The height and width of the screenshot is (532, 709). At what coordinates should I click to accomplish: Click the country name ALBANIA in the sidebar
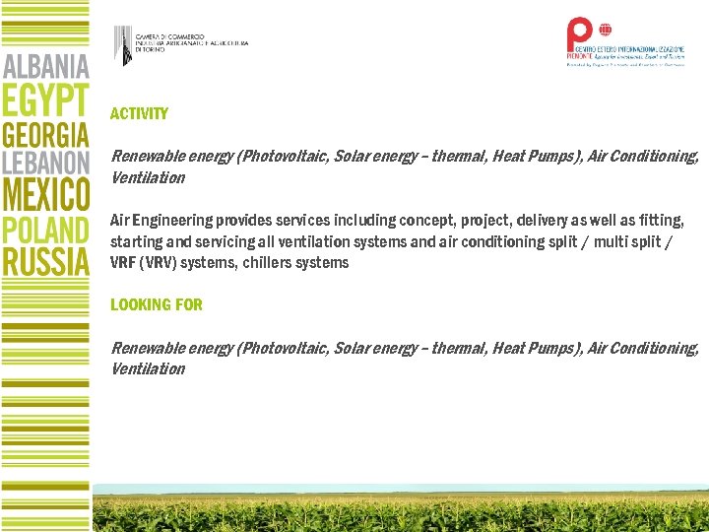pos(46,68)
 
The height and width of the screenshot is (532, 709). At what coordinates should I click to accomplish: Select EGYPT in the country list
pos(46,101)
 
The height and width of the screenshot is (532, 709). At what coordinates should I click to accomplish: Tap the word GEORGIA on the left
pos(46,135)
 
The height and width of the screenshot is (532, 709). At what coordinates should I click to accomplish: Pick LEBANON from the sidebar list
pos(46,164)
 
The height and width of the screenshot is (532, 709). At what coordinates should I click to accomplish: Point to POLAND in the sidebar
pos(46,230)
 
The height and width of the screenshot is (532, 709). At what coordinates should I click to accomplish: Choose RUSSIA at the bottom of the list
pos(46,261)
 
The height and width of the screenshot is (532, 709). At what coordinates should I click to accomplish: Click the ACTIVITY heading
pos(139,114)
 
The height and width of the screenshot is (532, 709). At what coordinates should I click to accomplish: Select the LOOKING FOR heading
pos(157,304)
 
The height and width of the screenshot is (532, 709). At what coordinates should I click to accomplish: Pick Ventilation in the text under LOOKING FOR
pos(148,369)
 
